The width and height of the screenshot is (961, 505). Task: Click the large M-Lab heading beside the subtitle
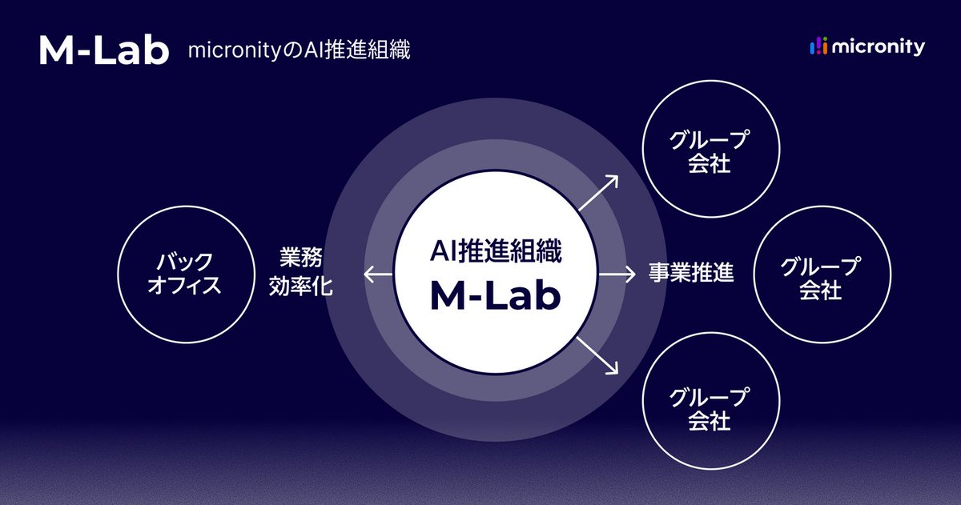coord(104,50)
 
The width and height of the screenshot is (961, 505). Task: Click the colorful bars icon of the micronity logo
coord(818,47)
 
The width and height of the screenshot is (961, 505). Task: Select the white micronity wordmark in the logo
coord(879,47)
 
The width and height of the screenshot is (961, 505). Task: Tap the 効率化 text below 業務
coord(300,286)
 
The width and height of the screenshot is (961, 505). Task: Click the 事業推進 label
coord(691,274)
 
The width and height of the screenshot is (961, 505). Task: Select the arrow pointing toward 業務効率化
coord(378,275)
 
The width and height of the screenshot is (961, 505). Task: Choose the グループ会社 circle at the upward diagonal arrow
coord(709,152)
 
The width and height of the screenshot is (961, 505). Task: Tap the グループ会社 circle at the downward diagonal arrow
coord(709,407)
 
